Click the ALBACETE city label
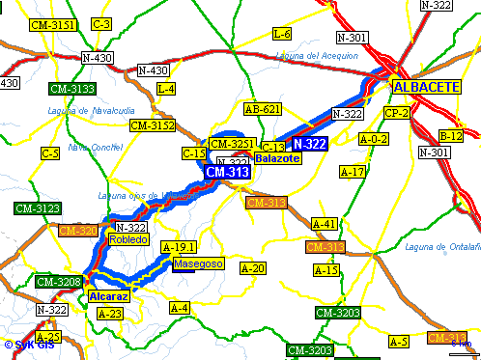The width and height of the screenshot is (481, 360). coord(426,87)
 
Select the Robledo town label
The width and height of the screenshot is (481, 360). coord(128,239)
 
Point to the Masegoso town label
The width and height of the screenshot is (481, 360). coord(198,263)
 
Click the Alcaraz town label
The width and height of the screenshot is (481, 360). coord(107,296)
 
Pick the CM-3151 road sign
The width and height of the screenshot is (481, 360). coord(53,24)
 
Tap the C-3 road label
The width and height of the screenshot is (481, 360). coord(101,23)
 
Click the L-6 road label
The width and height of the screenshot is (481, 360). coord(282,34)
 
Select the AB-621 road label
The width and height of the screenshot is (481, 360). coord(263,109)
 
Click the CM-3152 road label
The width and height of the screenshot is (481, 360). coord(152,125)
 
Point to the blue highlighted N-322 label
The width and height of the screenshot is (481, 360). coord(310,143)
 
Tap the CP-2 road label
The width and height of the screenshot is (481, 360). coord(397,113)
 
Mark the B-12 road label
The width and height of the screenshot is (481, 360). coord(451,135)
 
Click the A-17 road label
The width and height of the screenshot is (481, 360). coord(353,172)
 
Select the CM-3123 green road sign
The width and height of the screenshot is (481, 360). coord(38,208)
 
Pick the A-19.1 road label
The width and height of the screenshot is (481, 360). coord(179,246)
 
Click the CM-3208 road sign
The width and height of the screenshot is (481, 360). coord(58,282)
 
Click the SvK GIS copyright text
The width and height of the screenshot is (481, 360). coord(28,345)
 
